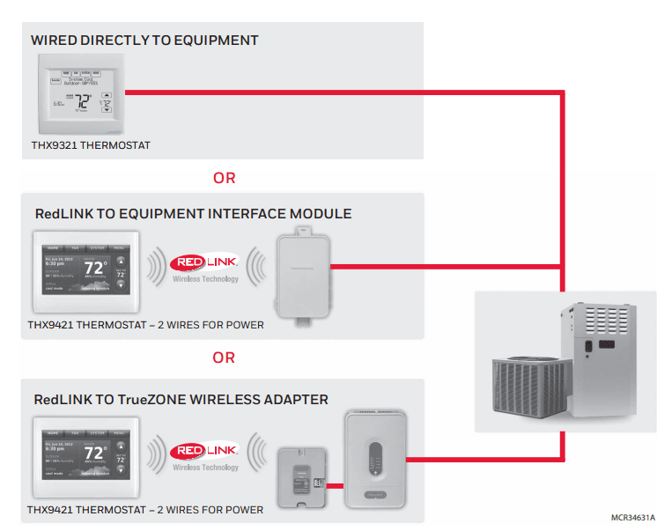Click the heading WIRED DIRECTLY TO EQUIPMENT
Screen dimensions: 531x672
(144, 41)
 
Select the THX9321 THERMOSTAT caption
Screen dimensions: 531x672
(91, 145)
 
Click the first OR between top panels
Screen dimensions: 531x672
(225, 178)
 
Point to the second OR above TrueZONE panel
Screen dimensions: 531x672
(225, 358)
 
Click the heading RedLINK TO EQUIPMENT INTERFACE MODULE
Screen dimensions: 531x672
(193, 214)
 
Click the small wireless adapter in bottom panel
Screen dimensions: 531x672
(302, 476)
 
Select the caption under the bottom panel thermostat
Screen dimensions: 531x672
(145, 510)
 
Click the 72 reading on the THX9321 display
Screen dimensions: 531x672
(82, 101)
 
